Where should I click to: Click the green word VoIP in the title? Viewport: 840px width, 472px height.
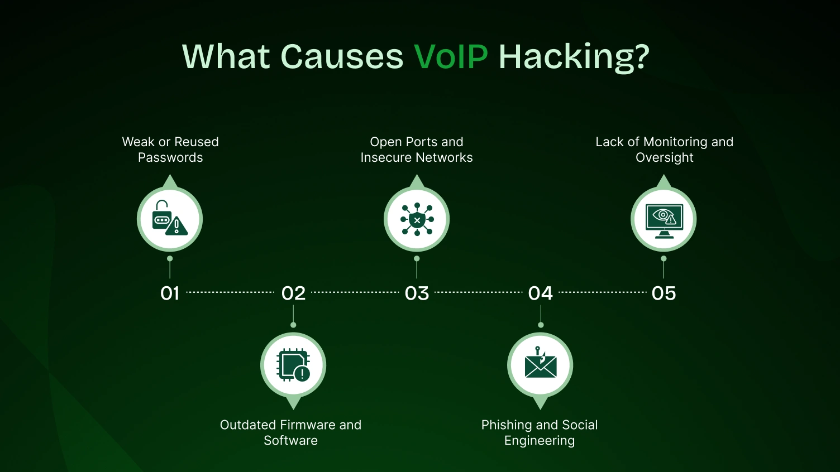(451, 56)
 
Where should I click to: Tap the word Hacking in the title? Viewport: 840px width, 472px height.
(574, 56)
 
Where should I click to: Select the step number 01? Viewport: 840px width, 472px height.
(170, 293)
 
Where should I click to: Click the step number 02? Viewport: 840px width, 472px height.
(293, 293)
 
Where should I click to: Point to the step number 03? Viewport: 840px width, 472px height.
(417, 293)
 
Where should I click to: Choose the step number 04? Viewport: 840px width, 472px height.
(540, 293)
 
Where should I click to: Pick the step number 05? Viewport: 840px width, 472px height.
(664, 293)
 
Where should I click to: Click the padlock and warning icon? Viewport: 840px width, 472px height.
(170, 219)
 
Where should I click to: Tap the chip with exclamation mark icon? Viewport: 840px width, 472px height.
(293, 365)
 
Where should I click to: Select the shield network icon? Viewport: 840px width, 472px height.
(417, 219)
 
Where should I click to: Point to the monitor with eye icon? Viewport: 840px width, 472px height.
(664, 219)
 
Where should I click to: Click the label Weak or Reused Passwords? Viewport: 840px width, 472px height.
(170, 150)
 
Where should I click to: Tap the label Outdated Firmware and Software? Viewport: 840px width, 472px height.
(290, 432)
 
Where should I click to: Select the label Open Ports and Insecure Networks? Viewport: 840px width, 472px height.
(417, 150)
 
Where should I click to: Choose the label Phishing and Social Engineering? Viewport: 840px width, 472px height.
(540, 432)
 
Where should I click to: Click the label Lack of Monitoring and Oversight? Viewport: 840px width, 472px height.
(664, 150)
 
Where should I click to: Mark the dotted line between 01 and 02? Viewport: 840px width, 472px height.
(230, 292)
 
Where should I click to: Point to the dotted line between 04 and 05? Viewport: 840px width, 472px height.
(602, 292)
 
